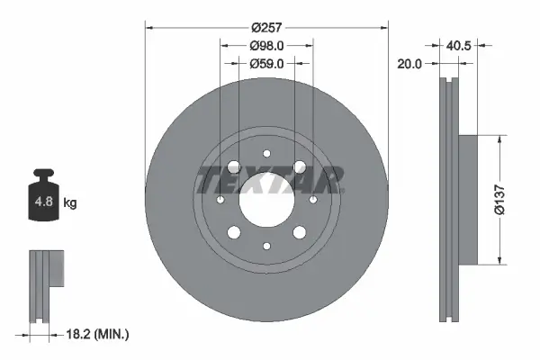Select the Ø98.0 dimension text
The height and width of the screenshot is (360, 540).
[265, 44]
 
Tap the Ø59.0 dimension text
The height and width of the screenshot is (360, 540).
[265, 64]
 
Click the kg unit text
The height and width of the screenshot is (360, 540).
[70, 203]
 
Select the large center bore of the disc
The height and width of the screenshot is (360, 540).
[265, 199]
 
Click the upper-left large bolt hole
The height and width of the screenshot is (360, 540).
[234, 167]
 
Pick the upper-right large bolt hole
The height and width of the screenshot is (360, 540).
[298, 167]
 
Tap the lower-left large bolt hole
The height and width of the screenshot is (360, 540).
[234, 231]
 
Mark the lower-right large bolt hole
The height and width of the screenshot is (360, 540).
[298, 231]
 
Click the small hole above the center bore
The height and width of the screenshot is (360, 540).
[265, 153]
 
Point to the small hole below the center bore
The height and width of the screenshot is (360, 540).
[265, 245]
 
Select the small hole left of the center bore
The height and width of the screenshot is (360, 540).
[220, 199]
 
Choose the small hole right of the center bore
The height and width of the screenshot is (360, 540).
[311, 199]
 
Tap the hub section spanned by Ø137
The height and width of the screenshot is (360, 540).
[470, 200]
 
